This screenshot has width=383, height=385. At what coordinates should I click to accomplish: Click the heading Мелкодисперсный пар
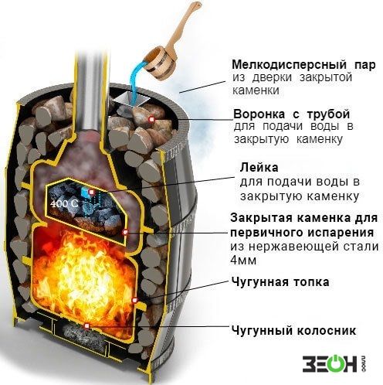point(303,65)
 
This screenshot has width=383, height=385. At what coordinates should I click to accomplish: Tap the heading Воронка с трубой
point(292,114)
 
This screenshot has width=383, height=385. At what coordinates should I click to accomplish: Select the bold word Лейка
point(259,168)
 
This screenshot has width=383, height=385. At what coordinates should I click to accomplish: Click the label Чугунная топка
point(280,281)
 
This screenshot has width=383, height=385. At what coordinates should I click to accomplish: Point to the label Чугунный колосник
point(294,330)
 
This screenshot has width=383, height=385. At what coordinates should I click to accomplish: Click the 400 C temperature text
point(64,203)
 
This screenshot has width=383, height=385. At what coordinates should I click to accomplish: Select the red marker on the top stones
point(151,119)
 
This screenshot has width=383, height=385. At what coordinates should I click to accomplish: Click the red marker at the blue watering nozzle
point(92,192)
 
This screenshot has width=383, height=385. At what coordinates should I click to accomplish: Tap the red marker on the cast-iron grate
point(87,326)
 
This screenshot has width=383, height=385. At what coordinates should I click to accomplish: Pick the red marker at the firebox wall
point(134,300)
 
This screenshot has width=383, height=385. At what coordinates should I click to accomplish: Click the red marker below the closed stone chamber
point(125,232)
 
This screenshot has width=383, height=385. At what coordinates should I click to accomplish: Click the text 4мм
point(243,261)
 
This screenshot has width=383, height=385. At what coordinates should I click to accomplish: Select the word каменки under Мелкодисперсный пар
point(256,90)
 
